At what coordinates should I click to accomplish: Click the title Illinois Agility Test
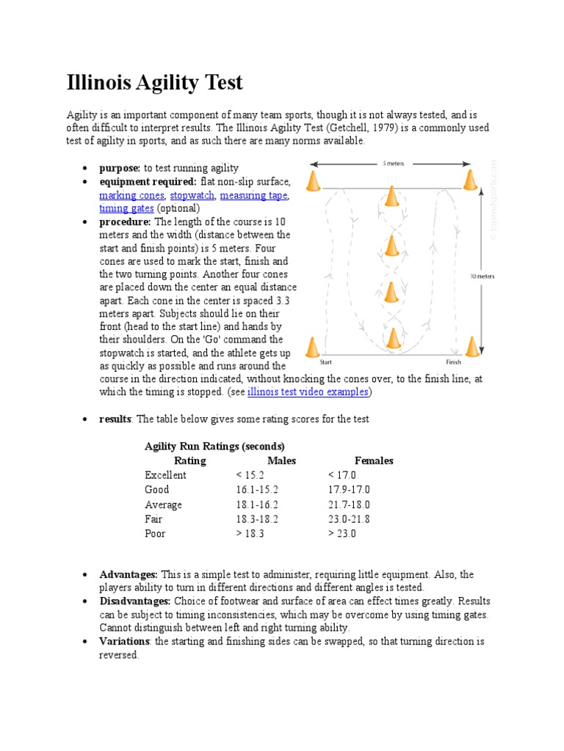tap(154, 83)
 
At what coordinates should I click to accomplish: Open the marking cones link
tap(132, 196)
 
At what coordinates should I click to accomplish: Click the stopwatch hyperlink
tap(192, 196)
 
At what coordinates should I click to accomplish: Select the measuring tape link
tap(253, 196)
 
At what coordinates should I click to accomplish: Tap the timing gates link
tap(126, 208)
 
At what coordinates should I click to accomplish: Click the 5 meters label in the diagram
tap(393, 164)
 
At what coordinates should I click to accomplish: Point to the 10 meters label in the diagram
tap(482, 276)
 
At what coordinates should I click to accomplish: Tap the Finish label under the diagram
tap(453, 362)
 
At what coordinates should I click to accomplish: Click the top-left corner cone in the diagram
tap(314, 181)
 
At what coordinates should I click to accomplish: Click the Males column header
tap(281, 461)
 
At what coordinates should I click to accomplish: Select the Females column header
tap(374, 461)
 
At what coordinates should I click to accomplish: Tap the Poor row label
tap(156, 534)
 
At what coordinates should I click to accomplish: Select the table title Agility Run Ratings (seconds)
tap(214, 446)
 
